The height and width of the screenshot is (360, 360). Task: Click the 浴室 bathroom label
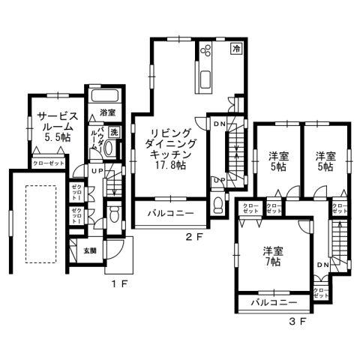click(107, 113)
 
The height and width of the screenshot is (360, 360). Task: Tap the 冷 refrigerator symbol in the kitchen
click(235, 49)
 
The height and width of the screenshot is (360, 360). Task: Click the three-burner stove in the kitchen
click(207, 50)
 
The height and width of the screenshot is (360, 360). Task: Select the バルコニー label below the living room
click(170, 213)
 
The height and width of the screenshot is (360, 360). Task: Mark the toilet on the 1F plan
click(113, 216)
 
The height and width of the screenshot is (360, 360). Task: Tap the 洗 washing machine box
click(114, 131)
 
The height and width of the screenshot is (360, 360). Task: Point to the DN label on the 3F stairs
click(323, 265)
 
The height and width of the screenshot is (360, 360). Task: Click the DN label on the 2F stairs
click(219, 123)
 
